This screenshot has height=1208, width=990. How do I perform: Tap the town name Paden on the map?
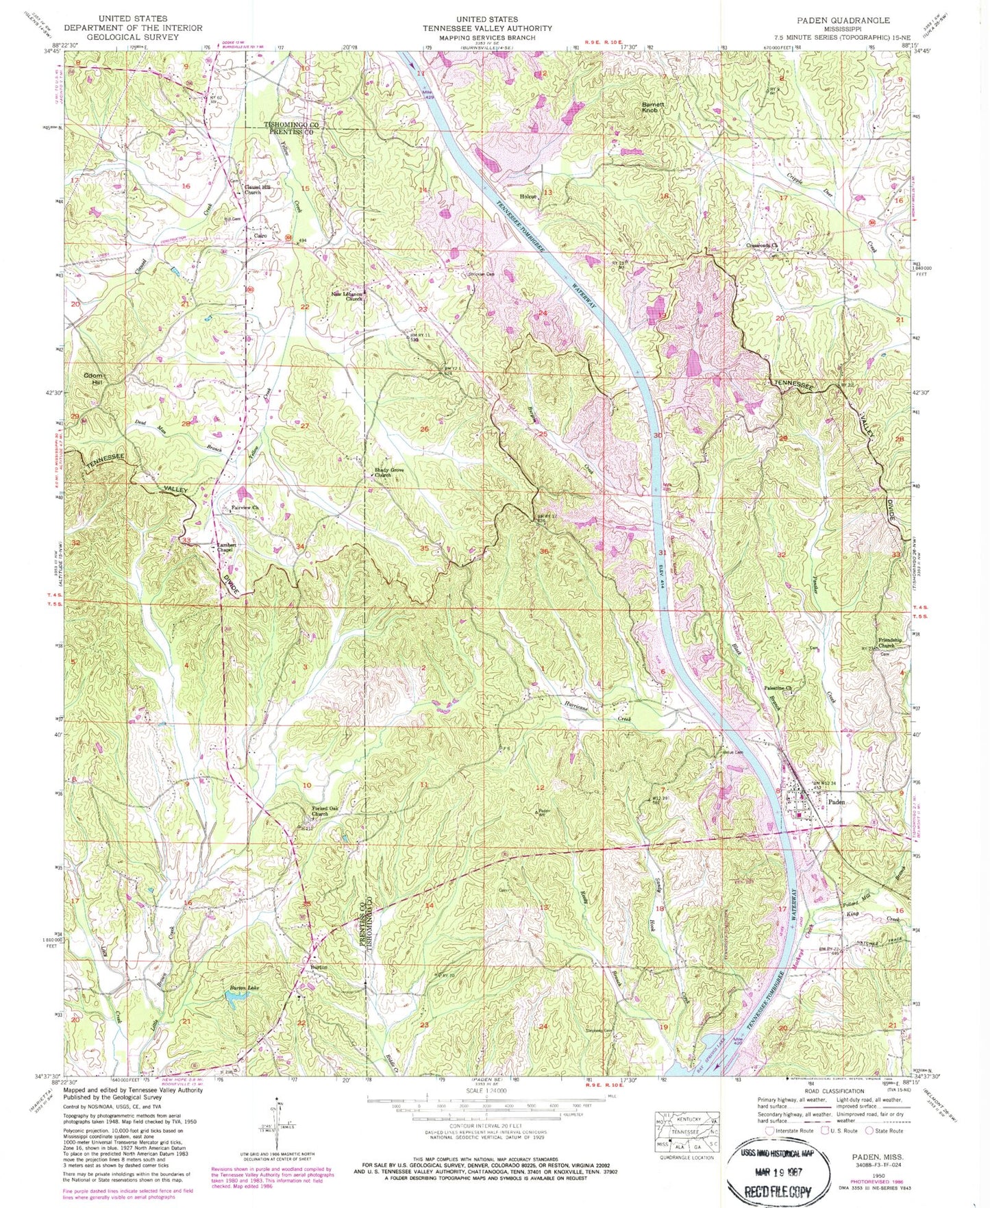[x=837, y=801]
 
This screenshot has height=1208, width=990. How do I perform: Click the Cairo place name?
[x=260, y=236]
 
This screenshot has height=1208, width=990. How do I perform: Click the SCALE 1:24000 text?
[x=486, y=1089]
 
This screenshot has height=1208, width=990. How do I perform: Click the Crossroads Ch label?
[x=763, y=245]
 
